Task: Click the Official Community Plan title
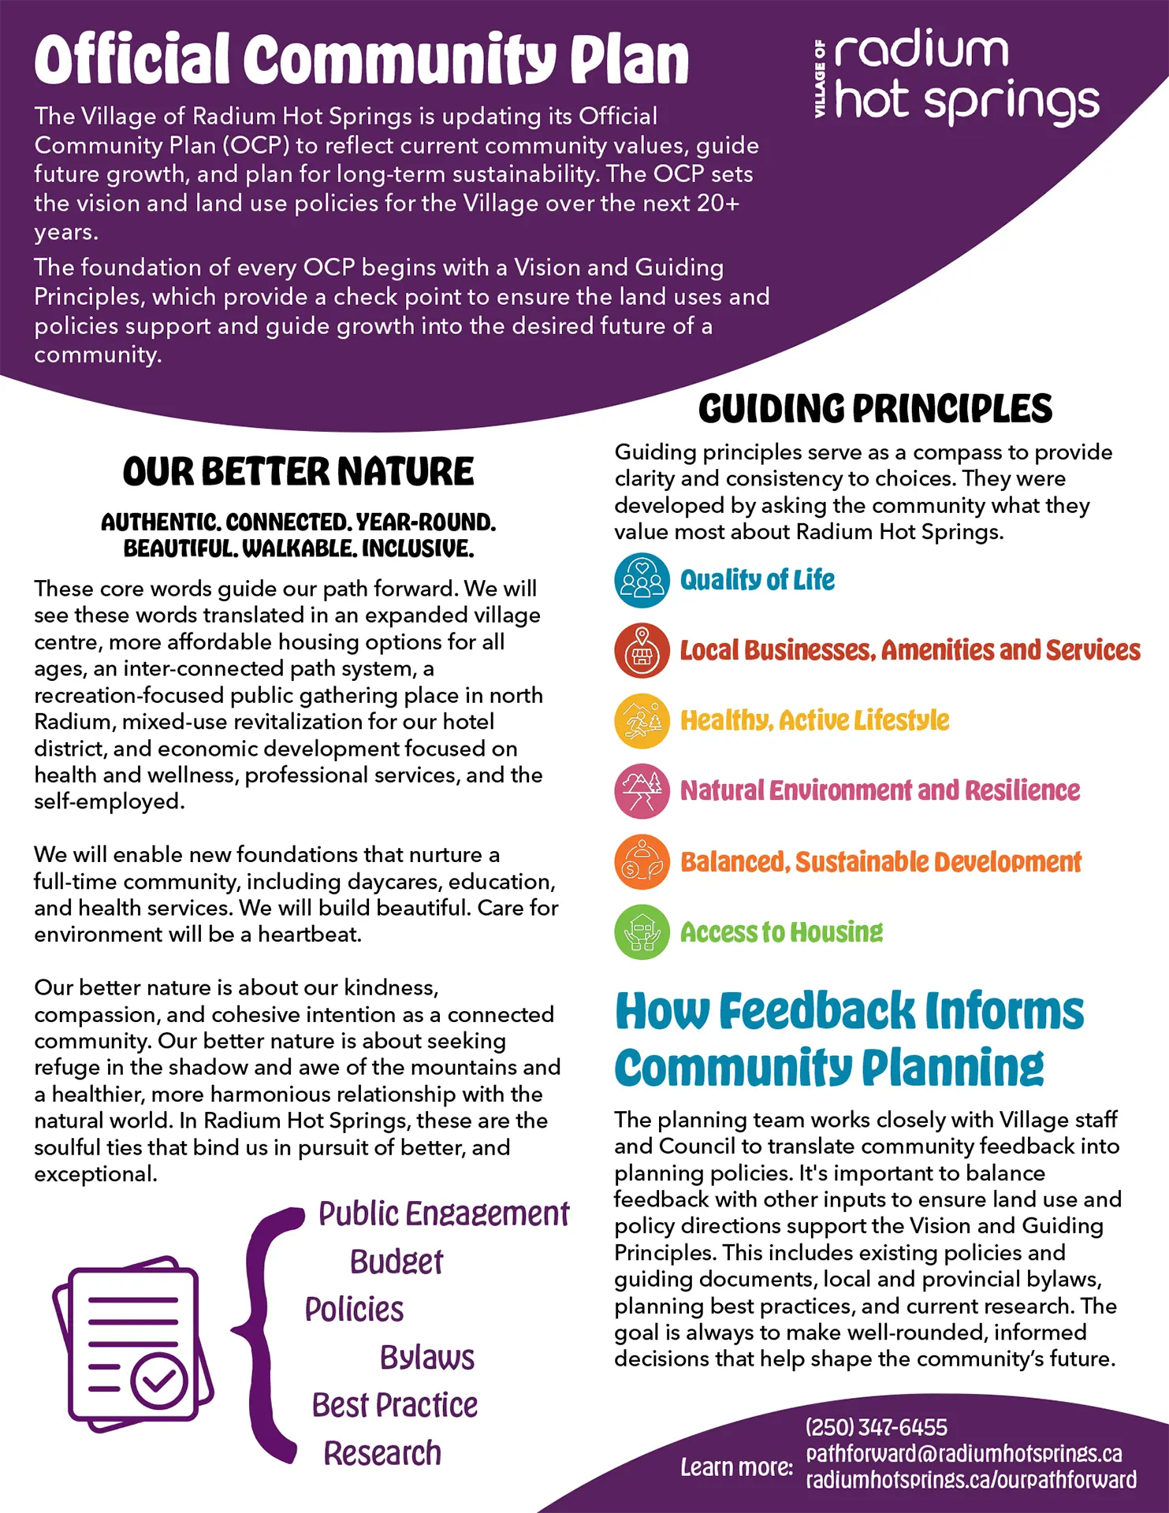coord(362,59)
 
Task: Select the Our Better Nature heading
coord(298,472)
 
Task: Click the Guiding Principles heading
coord(875,409)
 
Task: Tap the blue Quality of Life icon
coord(642,581)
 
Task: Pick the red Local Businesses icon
coord(642,651)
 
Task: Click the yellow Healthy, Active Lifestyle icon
coord(642,721)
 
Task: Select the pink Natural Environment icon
coord(642,791)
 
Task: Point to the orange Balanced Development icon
coord(642,862)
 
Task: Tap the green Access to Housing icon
coord(642,932)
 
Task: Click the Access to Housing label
coord(781,932)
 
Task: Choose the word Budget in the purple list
coord(396,1262)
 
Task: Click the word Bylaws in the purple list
coord(427,1358)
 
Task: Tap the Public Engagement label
coord(443,1214)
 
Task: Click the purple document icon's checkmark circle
coord(159,1380)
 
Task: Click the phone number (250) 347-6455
coord(876,1427)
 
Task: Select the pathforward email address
coord(963,1453)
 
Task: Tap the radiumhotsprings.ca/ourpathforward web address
coord(970,1480)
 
